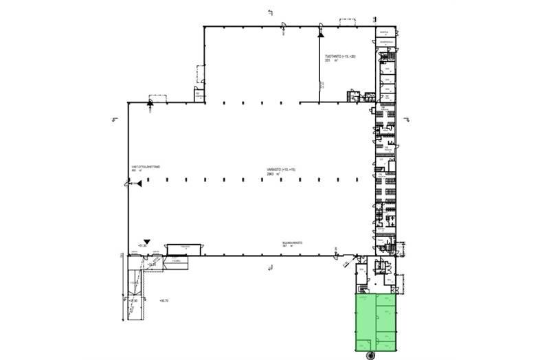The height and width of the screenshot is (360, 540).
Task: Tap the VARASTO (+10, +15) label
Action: [x=282, y=169]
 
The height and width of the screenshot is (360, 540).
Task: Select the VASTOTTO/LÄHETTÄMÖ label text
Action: [x=145, y=166]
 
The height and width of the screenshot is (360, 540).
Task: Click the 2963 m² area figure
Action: [x=275, y=175]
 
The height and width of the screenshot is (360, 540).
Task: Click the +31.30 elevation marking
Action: [x=143, y=245]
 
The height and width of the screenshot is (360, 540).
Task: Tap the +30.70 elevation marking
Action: [x=163, y=300]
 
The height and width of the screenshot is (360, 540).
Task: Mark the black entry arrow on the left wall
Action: [x=136, y=183]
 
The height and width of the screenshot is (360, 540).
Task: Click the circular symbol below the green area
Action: [x=371, y=355]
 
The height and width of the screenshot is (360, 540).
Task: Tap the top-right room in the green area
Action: [x=387, y=304]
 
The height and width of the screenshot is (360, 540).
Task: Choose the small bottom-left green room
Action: [x=365, y=344]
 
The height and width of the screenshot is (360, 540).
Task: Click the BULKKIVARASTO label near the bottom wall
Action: [x=292, y=243]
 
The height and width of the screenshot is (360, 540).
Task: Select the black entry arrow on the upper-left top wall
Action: [x=150, y=103]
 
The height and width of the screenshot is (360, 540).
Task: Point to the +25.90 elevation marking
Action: [x=135, y=300]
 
